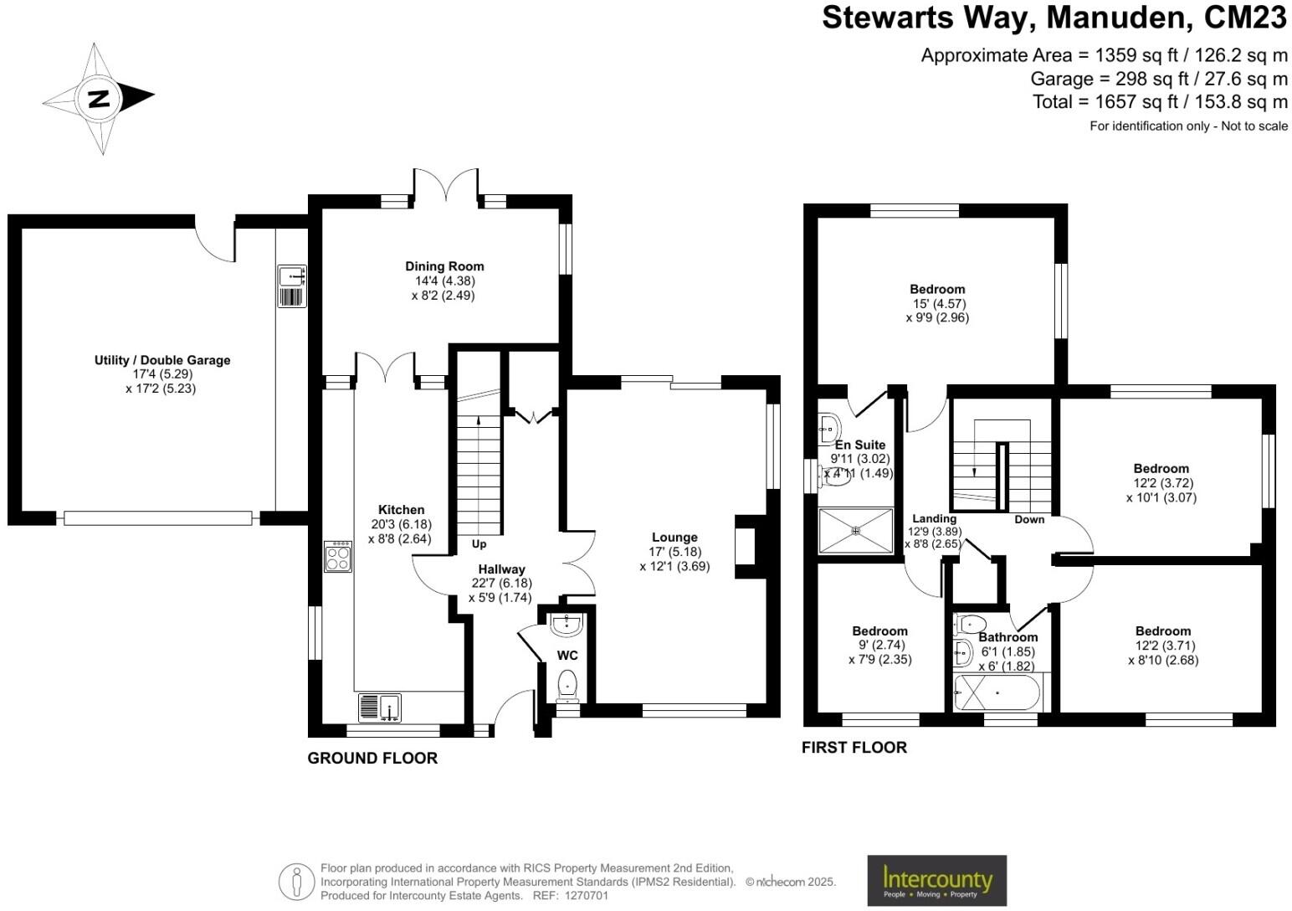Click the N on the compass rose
pyautogui.click(x=99, y=99)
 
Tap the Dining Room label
pyautogui.click(x=444, y=266)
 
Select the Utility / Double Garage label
pyautogui.click(x=161, y=360)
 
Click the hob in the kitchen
pyautogui.click(x=338, y=557)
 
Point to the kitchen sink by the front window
pyautogui.click(x=380, y=708)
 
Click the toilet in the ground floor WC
pyautogui.click(x=567, y=685)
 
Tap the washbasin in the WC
pyautogui.click(x=567, y=624)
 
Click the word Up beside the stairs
pyautogui.click(x=479, y=544)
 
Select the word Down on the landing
pyautogui.click(x=1029, y=519)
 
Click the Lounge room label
pyautogui.click(x=674, y=538)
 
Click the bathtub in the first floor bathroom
pyautogui.click(x=997, y=693)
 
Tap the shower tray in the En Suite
pyautogui.click(x=855, y=530)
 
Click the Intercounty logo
pyautogui.click(x=936, y=881)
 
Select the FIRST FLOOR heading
pyautogui.click(x=854, y=747)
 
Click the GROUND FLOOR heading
pyautogui.click(x=372, y=758)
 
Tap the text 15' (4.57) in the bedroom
pyautogui.click(x=937, y=303)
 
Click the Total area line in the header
pyautogui.click(x=1160, y=102)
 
